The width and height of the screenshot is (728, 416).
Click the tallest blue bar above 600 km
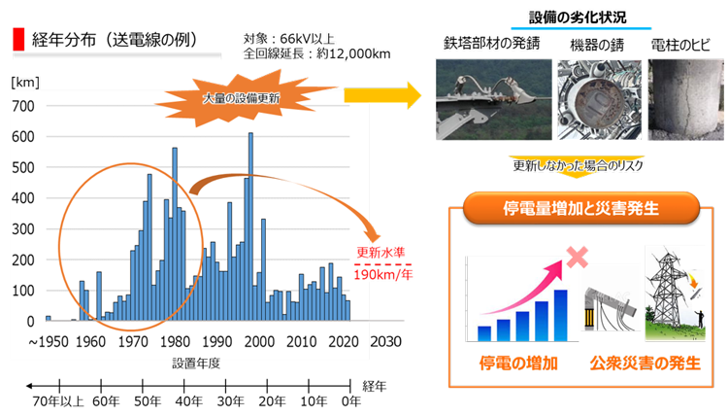[x=250, y=226]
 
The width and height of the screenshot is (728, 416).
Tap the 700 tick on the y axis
[x=23, y=107]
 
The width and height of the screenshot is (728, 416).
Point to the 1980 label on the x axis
[x=175, y=342]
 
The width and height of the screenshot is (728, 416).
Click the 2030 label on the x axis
[x=385, y=341]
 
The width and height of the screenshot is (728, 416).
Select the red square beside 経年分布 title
[x=18, y=39]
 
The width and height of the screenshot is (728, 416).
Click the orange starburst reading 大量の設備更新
[x=242, y=98]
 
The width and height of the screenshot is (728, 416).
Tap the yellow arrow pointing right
[x=382, y=96]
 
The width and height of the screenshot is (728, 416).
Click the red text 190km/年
[x=383, y=275]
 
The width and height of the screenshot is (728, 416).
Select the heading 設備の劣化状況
[x=579, y=17]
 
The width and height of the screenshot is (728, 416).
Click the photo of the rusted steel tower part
[x=494, y=99]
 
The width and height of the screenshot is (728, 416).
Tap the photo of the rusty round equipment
[x=600, y=99]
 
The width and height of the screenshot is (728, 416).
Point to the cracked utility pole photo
[x=685, y=99]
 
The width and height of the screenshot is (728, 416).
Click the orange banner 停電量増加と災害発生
[x=581, y=208]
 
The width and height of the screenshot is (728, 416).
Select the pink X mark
[x=578, y=257]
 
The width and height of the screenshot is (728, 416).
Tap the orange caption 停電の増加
[x=518, y=363]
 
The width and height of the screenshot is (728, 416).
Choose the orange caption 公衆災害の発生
[x=645, y=363]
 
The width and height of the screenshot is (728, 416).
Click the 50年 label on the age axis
[x=148, y=401]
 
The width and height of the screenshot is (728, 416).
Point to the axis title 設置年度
[x=196, y=364]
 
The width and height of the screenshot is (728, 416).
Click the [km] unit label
[x=25, y=83]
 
